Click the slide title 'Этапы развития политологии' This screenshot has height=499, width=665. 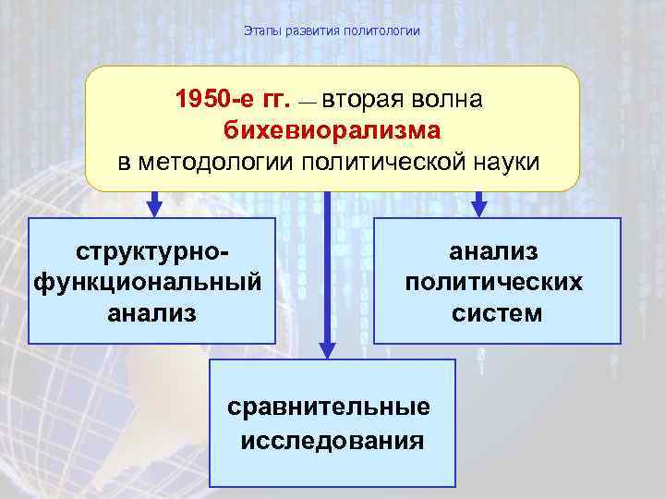[x=332, y=31]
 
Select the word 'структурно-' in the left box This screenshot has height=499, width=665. [x=153, y=251]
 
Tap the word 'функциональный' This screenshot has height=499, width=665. [x=147, y=282]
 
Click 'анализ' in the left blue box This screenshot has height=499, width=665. [x=152, y=312]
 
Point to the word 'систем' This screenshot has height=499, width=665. [x=497, y=312]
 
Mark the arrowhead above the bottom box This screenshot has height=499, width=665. [x=327, y=348]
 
